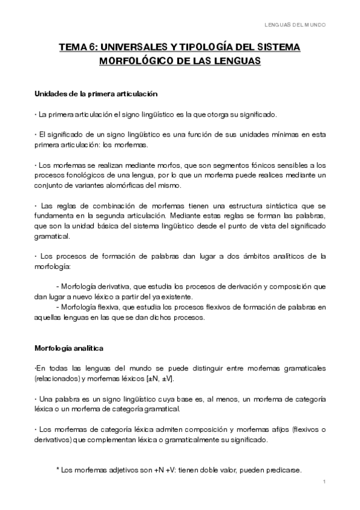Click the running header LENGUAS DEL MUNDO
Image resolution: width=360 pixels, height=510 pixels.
[x=296, y=25]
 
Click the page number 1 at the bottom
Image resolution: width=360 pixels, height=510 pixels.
[x=324, y=482]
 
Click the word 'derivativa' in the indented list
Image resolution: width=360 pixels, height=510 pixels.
[x=123, y=285]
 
